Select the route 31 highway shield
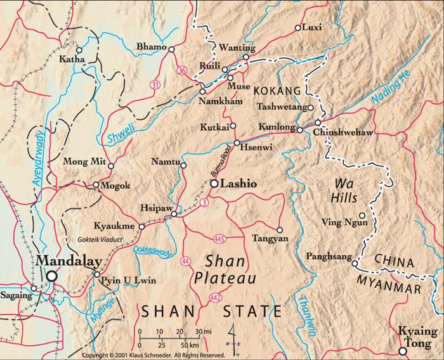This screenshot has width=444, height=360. (155, 84)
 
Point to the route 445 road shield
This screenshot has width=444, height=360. (220, 238)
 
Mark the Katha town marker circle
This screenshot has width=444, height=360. (79, 49)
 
